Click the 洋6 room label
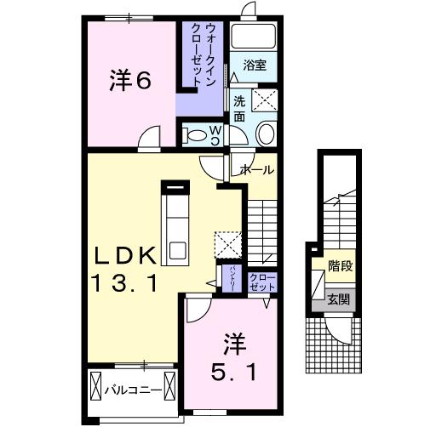pos(130,81)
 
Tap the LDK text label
pos(124,255)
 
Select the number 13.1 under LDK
pos(123,284)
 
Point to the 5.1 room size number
pos(233,373)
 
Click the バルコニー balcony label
pos(133,390)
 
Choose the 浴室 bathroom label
pos(255,65)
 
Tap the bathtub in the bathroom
pos(253,37)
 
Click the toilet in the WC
pos(195,135)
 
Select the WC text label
pos(216,135)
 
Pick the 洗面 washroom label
pos(239,109)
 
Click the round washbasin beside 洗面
pos(266,134)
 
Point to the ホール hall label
pos(256,170)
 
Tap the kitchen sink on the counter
pos(178,250)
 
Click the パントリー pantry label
pos(232,278)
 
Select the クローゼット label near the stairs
pos(263,282)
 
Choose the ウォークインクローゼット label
pos(203,54)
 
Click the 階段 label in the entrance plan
pos(340,266)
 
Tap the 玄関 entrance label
pos(338,299)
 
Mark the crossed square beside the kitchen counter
pos(228,245)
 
